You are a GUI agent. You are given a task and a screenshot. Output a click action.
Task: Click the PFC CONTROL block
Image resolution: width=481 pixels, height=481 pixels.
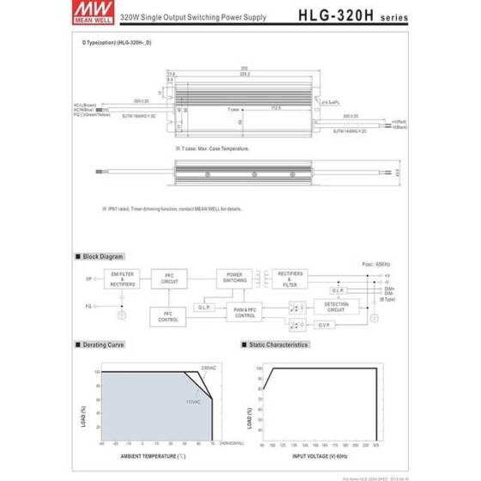pyautogui.click(x=168, y=315)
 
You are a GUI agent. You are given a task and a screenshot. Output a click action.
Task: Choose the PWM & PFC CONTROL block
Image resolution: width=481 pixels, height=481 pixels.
pyautogui.click(x=244, y=314)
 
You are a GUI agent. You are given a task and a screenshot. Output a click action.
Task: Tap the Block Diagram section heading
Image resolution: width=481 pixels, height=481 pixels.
pyautogui.click(x=103, y=256)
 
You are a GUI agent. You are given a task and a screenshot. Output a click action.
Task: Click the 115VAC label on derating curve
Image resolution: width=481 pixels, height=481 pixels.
pyautogui.click(x=193, y=401)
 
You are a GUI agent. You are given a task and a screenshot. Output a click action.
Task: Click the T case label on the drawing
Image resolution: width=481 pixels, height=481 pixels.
pyautogui.click(x=234, y=110)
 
